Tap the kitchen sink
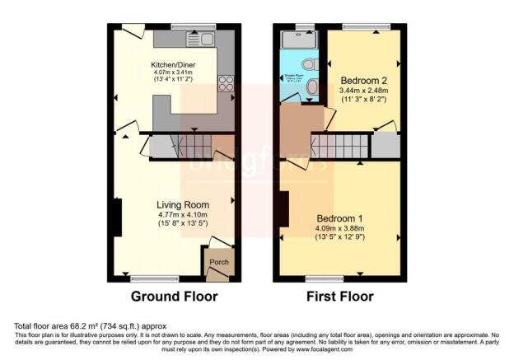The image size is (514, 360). coord(199,40)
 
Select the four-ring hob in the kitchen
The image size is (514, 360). coord(224,83)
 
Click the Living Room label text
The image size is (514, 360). coord(183,204)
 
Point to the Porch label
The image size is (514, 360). coord(218,263)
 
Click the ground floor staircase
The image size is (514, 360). coord(196,147)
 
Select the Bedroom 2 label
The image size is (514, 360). coord(365,80)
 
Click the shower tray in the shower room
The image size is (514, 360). coord(293,39)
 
